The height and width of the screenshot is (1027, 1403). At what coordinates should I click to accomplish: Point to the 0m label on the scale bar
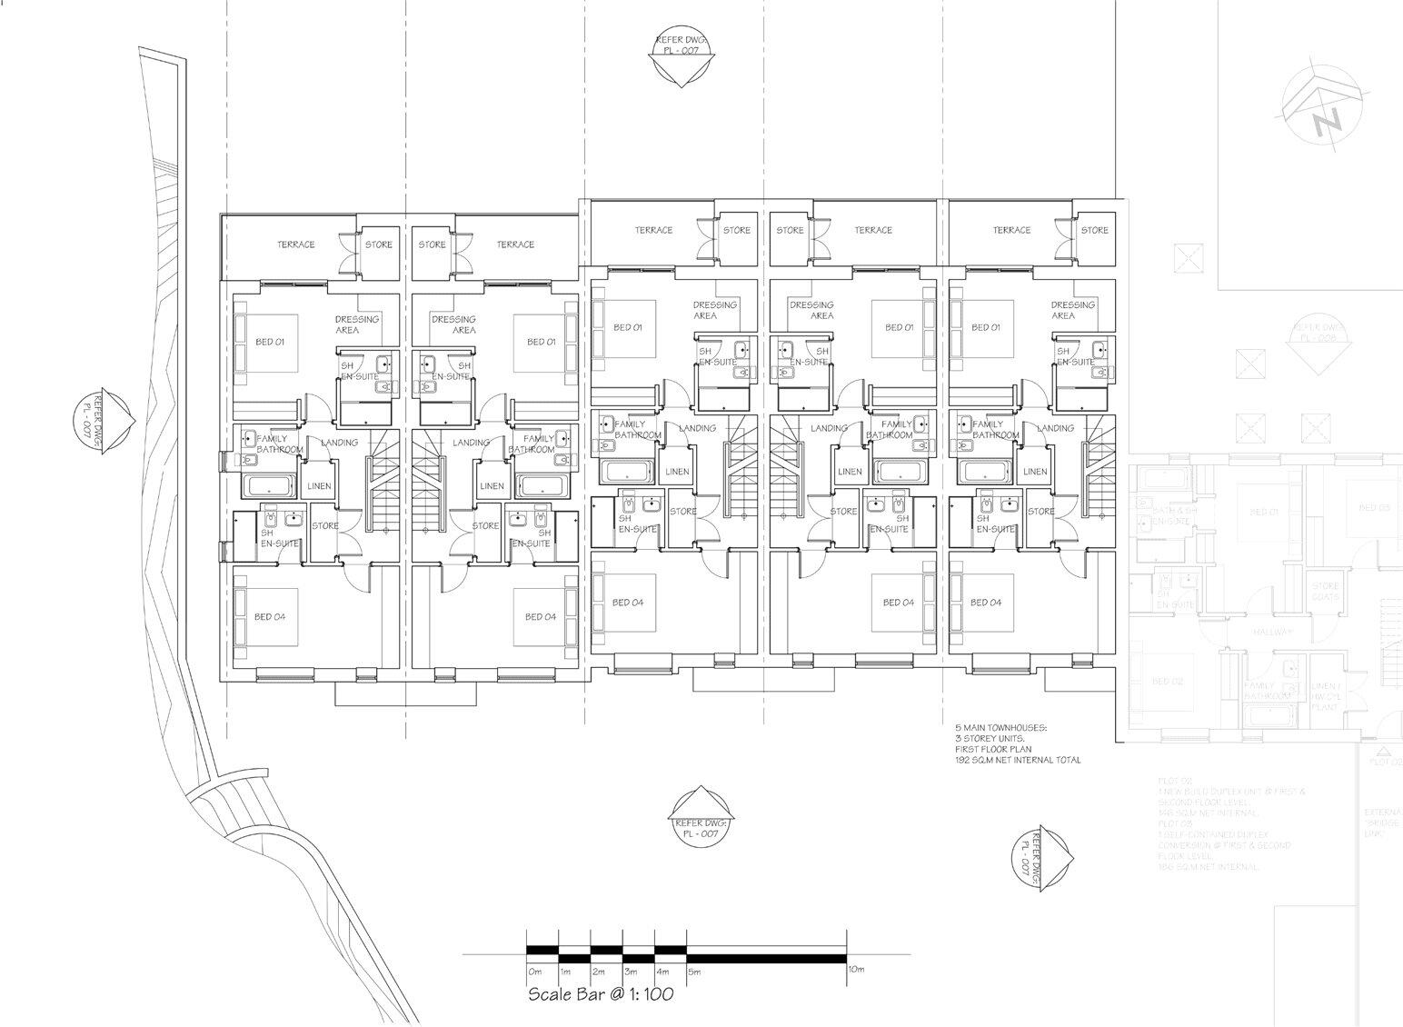[534, 972]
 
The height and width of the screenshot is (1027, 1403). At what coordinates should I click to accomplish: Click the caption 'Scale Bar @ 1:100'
[601, 994]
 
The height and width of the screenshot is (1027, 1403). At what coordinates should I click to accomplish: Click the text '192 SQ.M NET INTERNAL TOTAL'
[1017, 760]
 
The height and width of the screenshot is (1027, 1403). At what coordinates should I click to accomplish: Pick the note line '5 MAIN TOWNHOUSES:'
[1000, 728]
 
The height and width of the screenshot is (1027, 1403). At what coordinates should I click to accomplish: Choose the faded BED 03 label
[1373, 508]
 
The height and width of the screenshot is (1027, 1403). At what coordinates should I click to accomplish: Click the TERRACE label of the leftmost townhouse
[296, 244]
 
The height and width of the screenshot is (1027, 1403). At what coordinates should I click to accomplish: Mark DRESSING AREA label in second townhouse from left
[453, 324]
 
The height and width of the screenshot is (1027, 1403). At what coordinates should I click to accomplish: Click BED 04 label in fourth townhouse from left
[898, 603]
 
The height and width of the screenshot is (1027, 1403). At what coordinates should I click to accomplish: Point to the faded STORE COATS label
[1325, 592]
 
